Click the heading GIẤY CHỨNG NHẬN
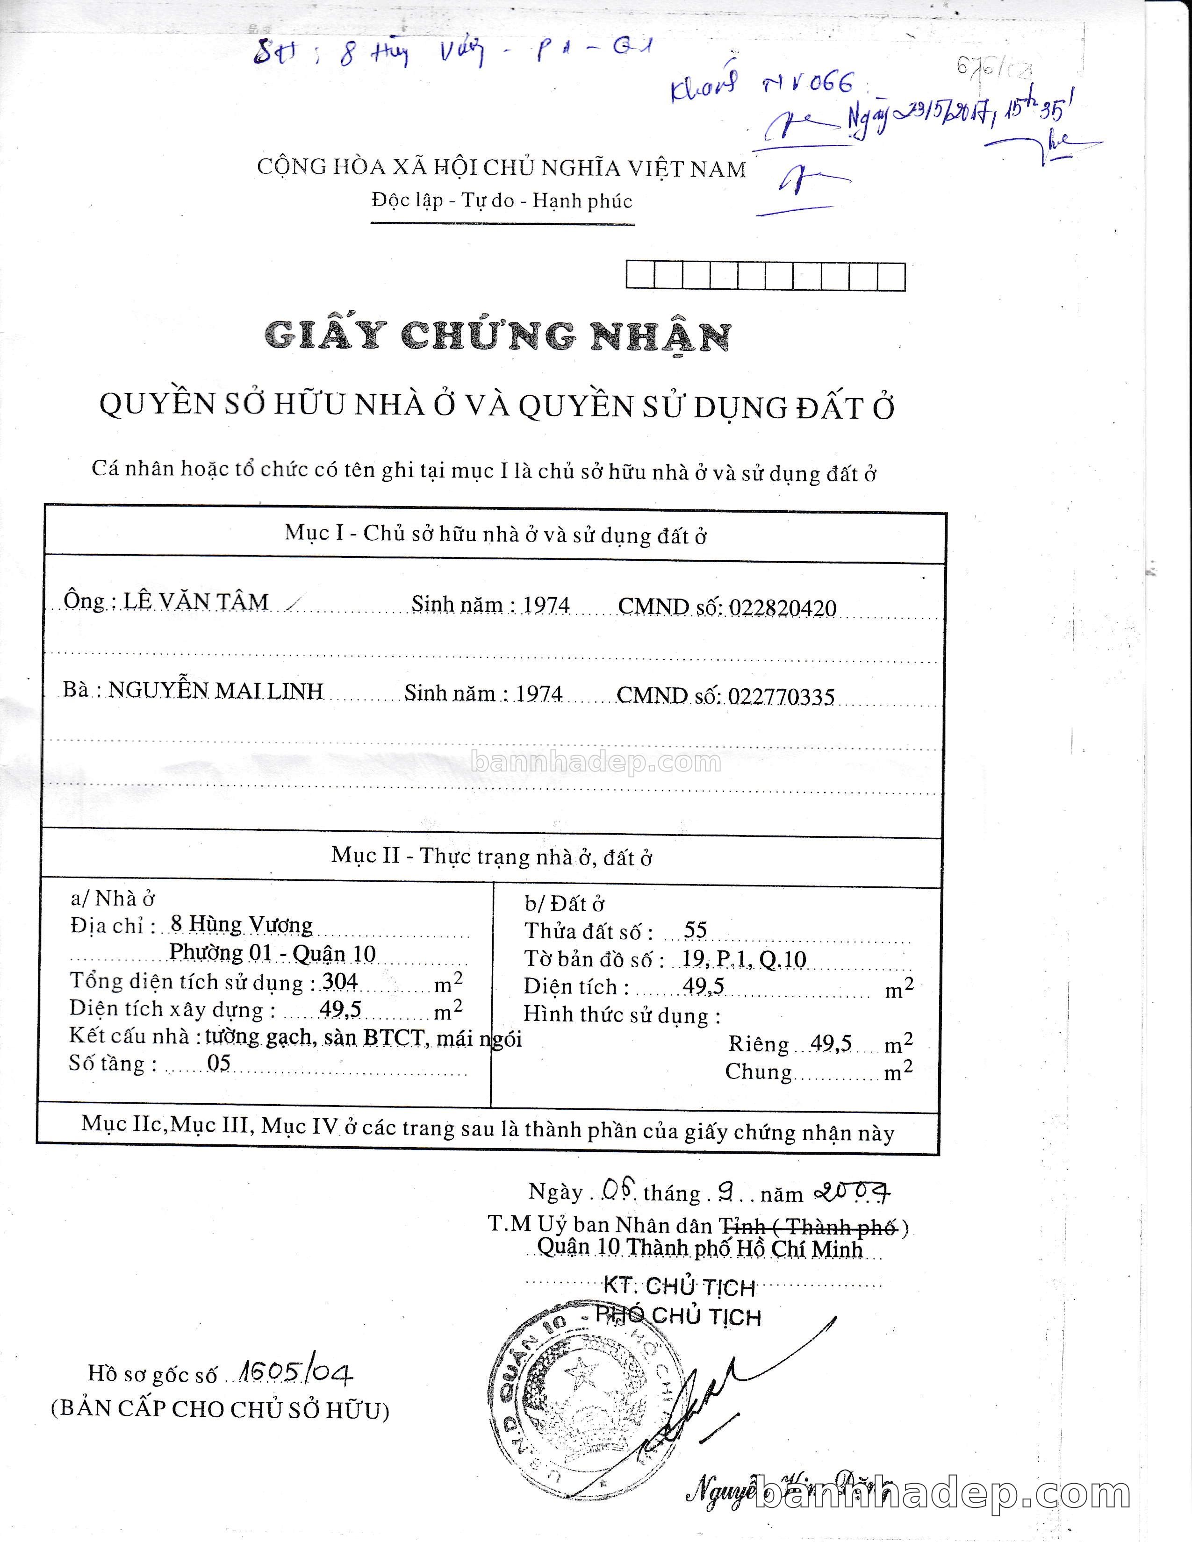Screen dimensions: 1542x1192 tap(497, 336)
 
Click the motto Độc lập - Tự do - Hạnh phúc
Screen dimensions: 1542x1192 tap(502, 201)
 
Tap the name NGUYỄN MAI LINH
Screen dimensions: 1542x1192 tap(215, 691)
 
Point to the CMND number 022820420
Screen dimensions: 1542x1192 tap(783, 608)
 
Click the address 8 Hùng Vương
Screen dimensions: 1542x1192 tap(242, 925)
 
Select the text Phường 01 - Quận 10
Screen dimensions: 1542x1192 tap(273, 953)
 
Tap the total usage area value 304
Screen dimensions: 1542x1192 tap(340, 981)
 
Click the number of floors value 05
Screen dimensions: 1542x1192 tap(219, 1064)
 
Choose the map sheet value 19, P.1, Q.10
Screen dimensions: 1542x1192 tap(744, 959)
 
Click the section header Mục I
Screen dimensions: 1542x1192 tap(495, 535)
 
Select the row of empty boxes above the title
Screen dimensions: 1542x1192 tap(766, 276)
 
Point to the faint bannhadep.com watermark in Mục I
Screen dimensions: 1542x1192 tap(595, 763)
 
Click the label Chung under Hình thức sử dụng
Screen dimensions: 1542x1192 tap(758, 1072)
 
